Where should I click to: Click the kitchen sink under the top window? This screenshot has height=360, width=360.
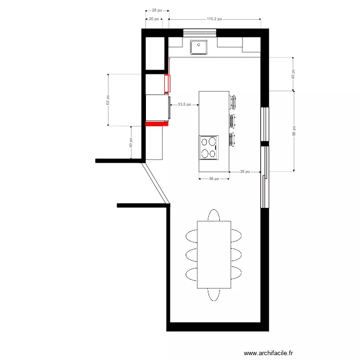pyautogui.click(x=198, y=48)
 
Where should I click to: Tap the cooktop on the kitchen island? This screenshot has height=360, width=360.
pyautogui.click(x=209, y=147)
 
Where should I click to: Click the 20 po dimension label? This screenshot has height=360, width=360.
pyautogui.click(x=154, y=19)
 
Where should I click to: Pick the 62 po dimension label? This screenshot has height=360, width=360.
pyautogui.click(x=108, y=100)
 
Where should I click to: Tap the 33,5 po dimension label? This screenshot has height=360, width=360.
pyautogui.click(x=184, y=104)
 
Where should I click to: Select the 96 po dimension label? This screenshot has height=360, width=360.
pyautogui.click(x=293, y=131)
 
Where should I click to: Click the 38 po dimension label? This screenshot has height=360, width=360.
pyautogui.click(x=245, y=171)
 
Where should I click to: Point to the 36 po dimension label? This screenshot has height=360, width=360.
pyautogui.click(x=214, y=179)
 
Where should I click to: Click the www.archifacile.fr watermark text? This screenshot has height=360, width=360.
pyautogui.click(x=268, y=353)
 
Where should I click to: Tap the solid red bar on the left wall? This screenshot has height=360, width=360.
pyautogui.click(x=157, y=123)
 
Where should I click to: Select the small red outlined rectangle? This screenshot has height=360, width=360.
pyautogui.click(x=167, y=83)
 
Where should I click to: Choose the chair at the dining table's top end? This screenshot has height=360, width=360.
pyautogui.click(x=214, y=215)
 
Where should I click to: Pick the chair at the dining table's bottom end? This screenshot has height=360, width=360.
pyautogui.click(x=214, y=294)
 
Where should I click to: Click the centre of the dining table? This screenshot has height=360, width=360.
pyautogui.click(x=214, y=254)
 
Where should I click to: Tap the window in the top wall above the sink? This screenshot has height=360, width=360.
pyautogui.click(x=200, y=33)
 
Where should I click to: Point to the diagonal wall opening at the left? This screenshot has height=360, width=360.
pyautogui.click(x=156, y=182)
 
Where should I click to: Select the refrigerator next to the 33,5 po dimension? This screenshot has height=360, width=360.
pyautogui.click(x=157, y=107)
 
